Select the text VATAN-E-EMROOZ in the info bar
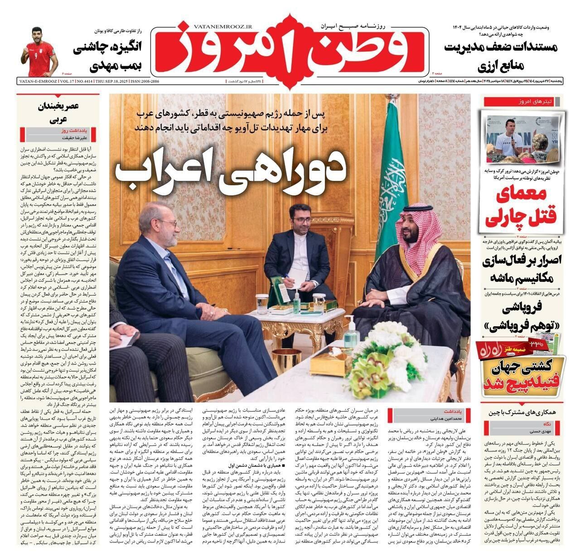[38, 81]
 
